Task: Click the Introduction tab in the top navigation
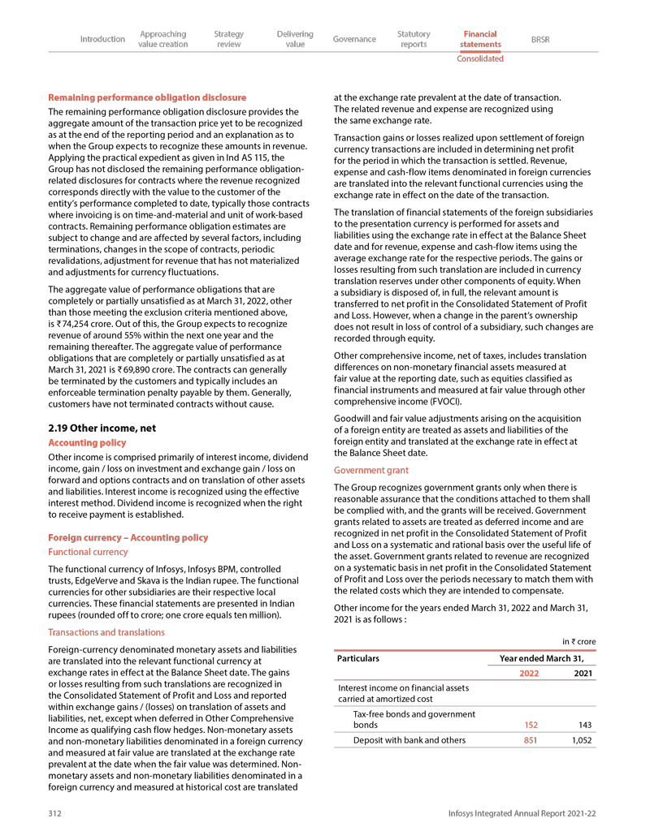click(102, 39)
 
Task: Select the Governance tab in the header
click(354, 39)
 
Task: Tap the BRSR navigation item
click(539, 39)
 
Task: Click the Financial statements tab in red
click(480, 39)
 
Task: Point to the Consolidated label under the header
click(480, 58)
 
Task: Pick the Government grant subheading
click(371, 471)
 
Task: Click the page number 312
click(55, 813)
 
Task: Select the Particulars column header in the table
click(358, 658)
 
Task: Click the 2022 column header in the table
click(528, 673)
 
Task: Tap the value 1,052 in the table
click(581, 740)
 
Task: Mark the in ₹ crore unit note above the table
click(578, 642)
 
